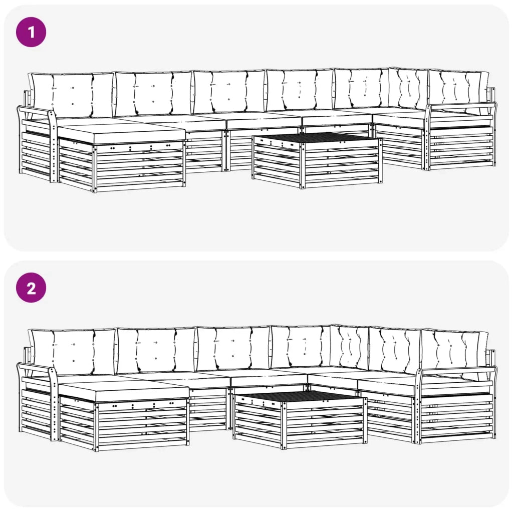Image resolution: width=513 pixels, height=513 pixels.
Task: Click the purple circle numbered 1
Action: (31, 32)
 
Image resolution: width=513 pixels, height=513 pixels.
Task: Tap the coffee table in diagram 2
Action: (300, 421)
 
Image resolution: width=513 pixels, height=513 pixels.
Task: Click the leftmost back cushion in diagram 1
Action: (72, 95)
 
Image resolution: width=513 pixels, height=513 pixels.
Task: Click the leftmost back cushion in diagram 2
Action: (73, 351)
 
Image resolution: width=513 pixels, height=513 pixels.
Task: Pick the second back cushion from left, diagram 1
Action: (153, 93)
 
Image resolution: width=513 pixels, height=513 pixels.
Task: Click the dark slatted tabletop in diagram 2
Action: (299, 396)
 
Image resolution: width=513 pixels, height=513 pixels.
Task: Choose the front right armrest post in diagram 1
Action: (427, 138)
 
